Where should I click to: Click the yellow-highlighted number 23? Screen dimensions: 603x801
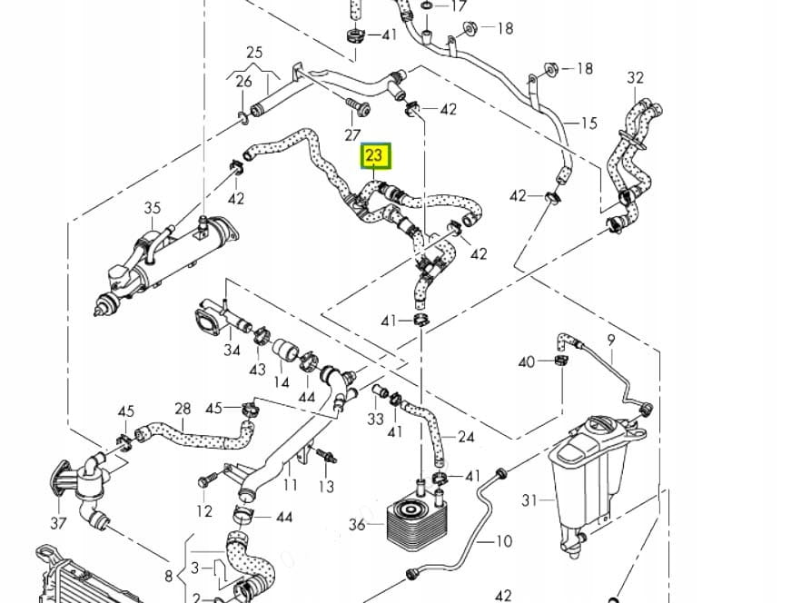point(375,156)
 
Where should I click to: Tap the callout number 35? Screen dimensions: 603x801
point(152,209)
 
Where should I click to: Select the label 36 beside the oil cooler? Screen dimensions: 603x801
point(357,524)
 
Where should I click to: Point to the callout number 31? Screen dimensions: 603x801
point(530,499)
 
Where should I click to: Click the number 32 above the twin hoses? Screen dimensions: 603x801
point(635,78)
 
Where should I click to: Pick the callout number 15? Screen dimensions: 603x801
point(588,124)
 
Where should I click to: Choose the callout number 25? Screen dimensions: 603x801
point(253,53)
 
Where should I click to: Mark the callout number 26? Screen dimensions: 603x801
point(243,82)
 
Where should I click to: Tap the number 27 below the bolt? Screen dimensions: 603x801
point(352,135)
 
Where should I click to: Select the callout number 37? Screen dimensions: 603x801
point(58,522)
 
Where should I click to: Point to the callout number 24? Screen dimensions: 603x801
point(466,437)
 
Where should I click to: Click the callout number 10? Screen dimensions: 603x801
point(504,541)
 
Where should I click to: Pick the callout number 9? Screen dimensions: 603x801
point(610,340)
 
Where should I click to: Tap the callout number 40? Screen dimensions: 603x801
point(526,362)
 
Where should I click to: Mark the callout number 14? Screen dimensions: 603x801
point(281,381)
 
